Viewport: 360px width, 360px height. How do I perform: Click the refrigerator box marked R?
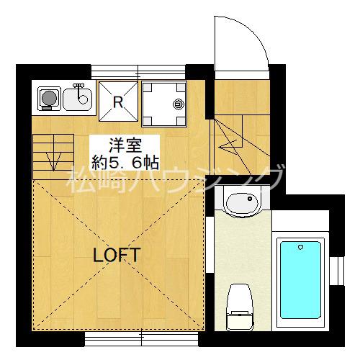(117, 102)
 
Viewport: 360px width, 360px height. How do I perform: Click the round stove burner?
(49, 98)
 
